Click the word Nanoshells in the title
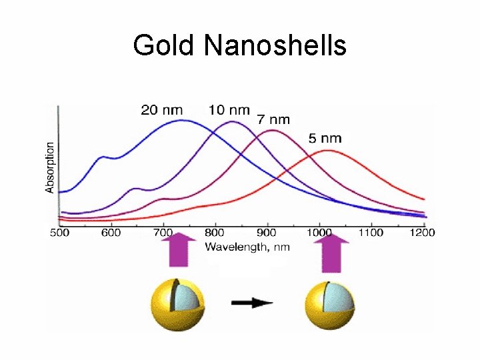click(275, 45)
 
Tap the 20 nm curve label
click(161, 110)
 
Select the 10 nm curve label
click(229, 110)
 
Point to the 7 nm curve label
click(273, 120)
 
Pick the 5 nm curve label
click(325, 139)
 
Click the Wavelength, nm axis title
click(247, 247)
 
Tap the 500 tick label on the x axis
click(60, 233)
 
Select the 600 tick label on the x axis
click(111, 233)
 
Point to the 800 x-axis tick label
click(215, 233)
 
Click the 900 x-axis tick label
click(267, 233)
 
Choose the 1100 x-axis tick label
click(370, 233)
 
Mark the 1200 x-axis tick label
click(421, 233)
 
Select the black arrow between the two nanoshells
click(253, 303)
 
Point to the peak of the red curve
click(328, 151)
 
